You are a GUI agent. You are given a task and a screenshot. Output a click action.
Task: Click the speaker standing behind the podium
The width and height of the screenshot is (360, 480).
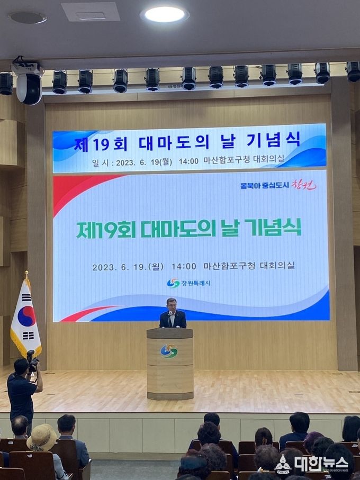pos(173,313)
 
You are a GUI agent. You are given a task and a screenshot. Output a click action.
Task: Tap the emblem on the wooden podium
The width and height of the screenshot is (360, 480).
pos(169,351)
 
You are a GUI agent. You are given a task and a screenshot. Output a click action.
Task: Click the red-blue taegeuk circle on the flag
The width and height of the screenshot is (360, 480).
pos(26,316)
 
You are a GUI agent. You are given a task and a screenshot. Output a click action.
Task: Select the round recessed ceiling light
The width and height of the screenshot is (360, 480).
pos(165,14)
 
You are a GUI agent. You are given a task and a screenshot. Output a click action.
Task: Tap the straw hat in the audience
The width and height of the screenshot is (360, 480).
pos(42,438)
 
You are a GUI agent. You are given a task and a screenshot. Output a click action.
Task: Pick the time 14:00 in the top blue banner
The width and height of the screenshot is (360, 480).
pos(188,161)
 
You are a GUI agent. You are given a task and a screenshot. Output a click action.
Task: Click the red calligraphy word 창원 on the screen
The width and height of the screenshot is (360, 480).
pos(304,185)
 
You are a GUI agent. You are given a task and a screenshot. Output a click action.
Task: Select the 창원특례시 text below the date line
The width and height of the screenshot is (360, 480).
pos(196,284)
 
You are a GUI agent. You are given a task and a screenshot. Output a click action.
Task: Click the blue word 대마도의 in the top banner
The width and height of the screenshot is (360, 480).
pos(174,143)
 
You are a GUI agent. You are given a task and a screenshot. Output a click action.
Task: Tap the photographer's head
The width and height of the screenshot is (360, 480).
pos(21,366)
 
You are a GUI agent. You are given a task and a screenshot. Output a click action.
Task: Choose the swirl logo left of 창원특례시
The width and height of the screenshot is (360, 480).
pos(173,283)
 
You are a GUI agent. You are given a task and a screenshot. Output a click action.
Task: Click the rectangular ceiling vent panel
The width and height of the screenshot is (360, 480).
pos(91,12)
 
